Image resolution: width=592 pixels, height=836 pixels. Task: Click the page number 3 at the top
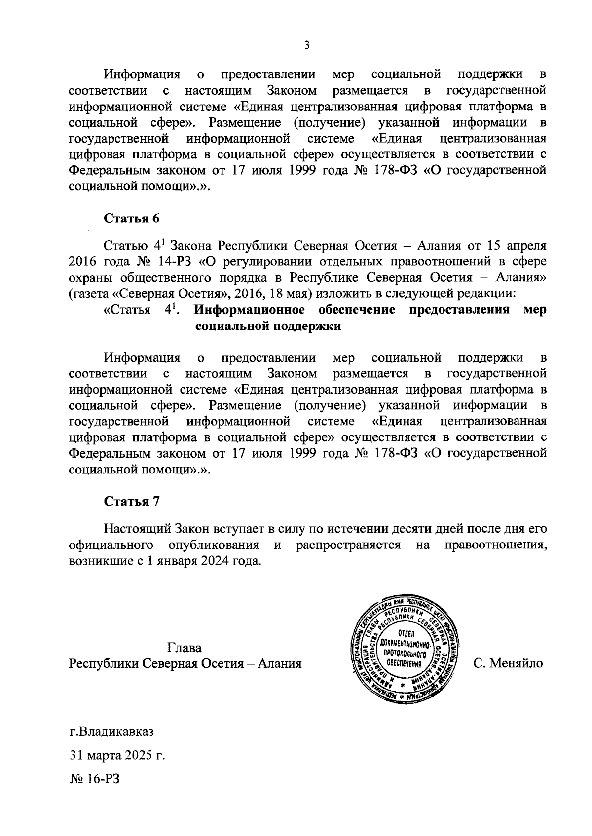[x=306, y=46]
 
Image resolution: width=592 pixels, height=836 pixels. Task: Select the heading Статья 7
[x=131, y=502]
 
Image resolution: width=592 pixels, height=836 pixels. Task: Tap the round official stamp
[x=407, y=651]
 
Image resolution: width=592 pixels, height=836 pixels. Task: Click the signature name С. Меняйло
[x=508, y=663]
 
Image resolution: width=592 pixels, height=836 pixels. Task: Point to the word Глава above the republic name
[x=185, y=647]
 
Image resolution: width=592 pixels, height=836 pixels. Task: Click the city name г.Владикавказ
[x=111, y=731]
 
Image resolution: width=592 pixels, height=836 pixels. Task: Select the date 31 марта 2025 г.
[x=116, y=755]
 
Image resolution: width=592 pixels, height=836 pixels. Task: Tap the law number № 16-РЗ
[x=95, y=779]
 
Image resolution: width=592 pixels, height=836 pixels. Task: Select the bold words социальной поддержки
[x=268, y=327]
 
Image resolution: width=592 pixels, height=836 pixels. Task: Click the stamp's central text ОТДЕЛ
[x=407, y=634]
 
